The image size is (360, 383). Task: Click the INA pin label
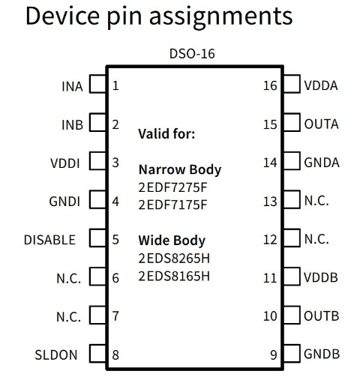[72, 86]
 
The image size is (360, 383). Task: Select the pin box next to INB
[97, 122]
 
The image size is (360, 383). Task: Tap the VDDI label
[65, 163]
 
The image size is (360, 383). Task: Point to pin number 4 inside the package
[115, 202]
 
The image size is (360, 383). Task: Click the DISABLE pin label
[49, 240]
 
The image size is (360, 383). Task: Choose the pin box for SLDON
[97, 353]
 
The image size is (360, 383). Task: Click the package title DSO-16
[192, 53]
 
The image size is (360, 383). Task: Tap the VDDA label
[321, 85]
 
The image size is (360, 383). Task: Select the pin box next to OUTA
[292, 122]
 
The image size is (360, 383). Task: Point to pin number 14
[270, 163]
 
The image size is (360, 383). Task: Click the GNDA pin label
[322, 163]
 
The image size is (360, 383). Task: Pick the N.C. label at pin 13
[316, 201]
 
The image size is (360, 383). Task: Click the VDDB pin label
[321, 277]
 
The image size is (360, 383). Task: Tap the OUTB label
[322, 316]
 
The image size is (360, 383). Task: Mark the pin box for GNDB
[292, 353]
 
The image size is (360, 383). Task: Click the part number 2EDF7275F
[172, 187]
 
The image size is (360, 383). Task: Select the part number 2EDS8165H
[174, 277]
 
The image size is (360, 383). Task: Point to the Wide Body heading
[172, 241]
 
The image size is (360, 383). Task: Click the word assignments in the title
[220, 16]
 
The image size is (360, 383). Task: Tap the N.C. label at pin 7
[69, 317]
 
